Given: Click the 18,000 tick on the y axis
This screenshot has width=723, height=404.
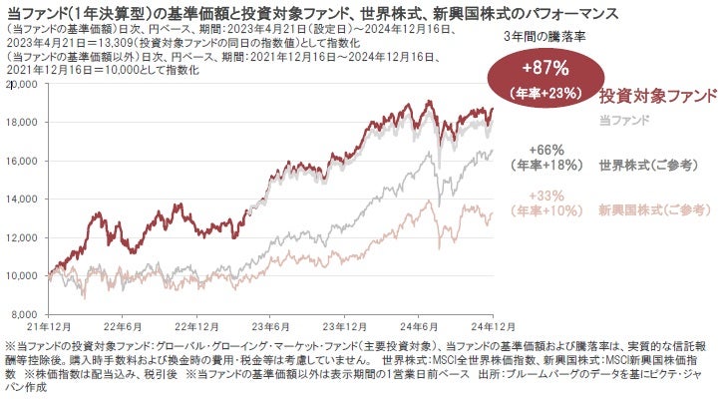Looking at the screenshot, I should click(x=22, y=123).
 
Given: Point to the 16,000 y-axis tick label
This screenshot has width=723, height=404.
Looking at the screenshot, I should click(x=22, y=161).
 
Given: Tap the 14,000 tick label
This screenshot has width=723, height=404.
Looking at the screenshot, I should click(x=22, y=199).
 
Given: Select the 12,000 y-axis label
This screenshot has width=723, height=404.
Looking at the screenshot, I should click(x=22, y=236).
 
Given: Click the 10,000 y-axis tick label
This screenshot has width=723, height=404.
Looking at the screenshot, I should click(x=22, y=274).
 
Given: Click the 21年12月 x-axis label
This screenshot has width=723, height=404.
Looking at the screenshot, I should click(x=50, y=325).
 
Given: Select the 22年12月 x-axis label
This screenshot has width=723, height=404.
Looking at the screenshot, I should click(x=198, y=325).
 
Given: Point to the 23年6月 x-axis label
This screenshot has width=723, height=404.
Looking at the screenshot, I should click(x=272, y=325).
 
